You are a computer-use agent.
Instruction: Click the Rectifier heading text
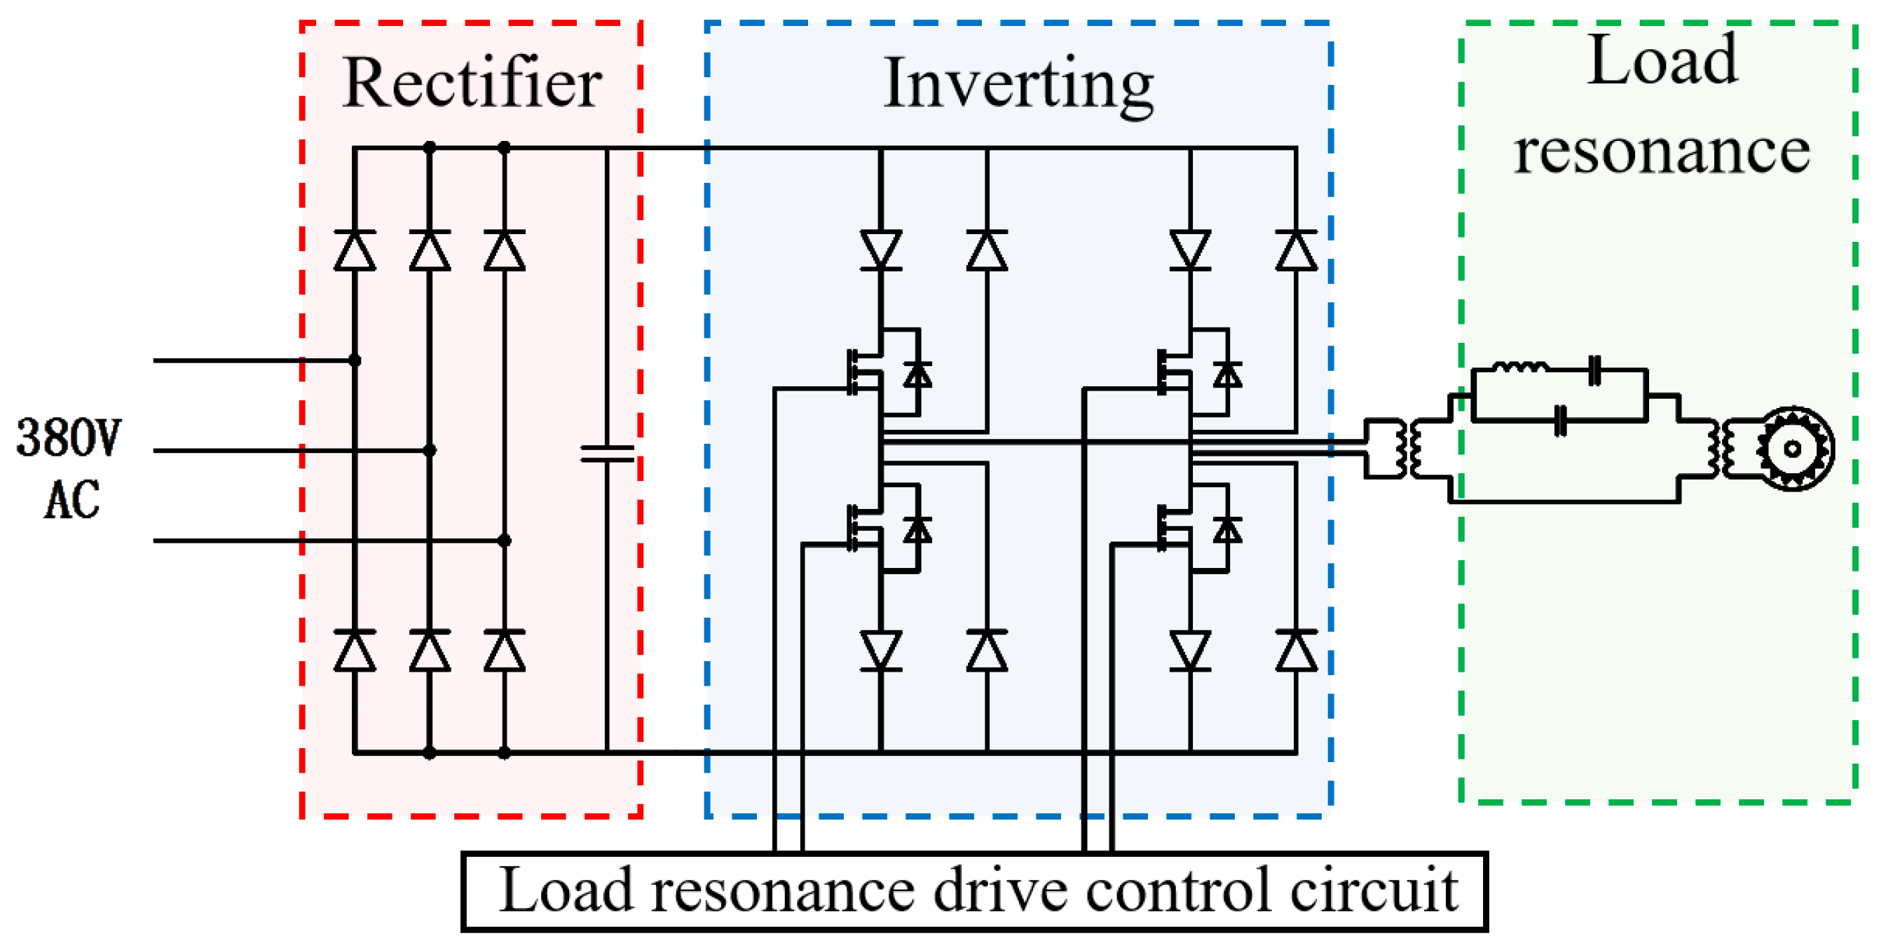(472, 83)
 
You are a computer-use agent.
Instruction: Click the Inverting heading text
(1018, 85)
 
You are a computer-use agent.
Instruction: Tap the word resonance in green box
(1662, 151)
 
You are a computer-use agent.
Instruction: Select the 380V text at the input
(69, 437)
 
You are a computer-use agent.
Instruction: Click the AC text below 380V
(71, 501)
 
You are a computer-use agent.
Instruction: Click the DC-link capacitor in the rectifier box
(607, 454)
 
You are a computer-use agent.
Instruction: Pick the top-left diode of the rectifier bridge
(355, 251)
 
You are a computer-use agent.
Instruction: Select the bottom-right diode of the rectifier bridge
(504, 651)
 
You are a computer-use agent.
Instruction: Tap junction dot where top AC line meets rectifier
(355, 360)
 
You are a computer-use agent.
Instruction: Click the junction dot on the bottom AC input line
(504, 541)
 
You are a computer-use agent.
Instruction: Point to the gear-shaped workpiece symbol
(1793, 449)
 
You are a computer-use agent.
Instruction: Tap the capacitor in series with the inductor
(1594, 370)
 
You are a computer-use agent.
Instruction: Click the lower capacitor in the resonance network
(1560, 420)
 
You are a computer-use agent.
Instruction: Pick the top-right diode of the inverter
(1296, 251)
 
